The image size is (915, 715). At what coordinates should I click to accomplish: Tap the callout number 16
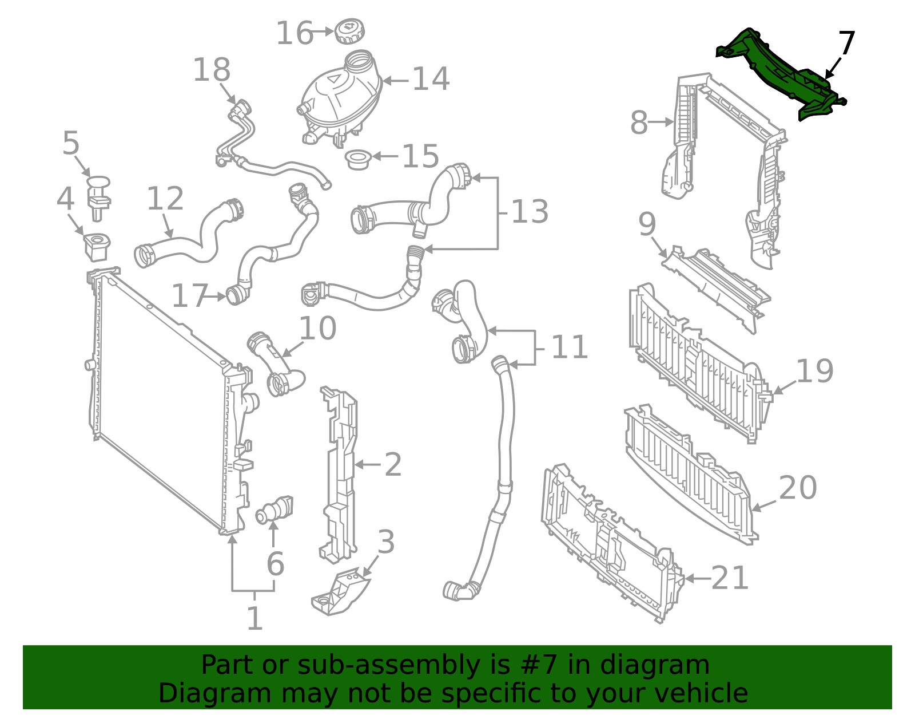295,33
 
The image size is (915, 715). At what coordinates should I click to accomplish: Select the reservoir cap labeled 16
350,31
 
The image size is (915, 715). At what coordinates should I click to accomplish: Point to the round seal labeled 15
359,159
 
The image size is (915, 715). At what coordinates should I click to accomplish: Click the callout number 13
530,212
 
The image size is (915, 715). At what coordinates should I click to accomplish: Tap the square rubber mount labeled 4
96,247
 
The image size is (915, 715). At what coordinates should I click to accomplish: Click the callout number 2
392,464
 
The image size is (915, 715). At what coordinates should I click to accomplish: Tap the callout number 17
189,296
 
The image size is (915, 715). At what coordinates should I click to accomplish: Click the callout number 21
730,578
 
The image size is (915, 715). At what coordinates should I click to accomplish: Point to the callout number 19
814,371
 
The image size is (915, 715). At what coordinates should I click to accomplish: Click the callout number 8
639,123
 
